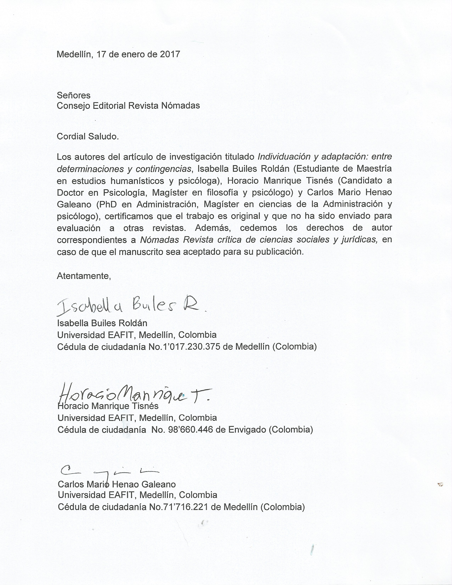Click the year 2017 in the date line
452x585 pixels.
(x=170, y=54)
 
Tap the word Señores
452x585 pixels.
(x=74, y=95)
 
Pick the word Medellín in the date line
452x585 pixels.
(x=75, y=54)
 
